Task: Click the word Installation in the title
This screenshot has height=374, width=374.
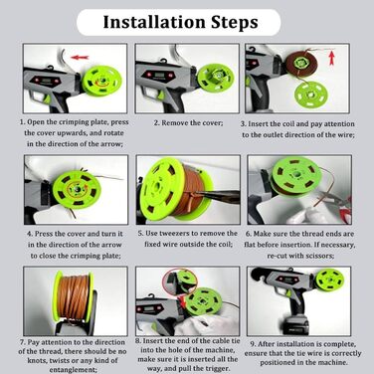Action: [154, 22]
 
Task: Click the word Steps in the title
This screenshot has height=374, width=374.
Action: [235, 23]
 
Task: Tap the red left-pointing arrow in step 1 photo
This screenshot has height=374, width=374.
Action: [80, 58]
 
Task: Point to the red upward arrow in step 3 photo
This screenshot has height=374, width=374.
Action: [331, 58]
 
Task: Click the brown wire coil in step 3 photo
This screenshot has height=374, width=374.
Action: [301, 63]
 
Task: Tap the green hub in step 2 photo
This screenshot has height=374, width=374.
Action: [212, 78]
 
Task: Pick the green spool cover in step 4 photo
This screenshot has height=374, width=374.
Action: [77, 189]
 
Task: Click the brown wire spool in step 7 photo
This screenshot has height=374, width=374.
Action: [74, 296]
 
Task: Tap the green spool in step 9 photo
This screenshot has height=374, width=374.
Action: [329, 280]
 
